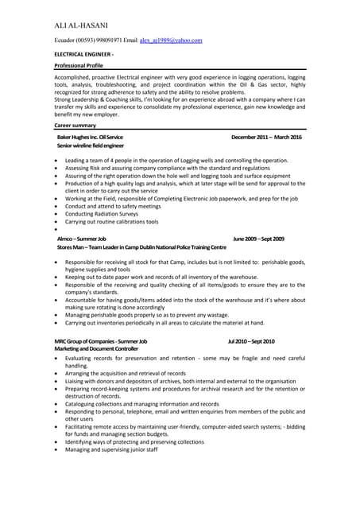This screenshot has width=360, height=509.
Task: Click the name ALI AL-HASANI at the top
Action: click(83, 25)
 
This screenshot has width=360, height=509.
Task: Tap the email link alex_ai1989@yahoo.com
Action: click(171, 40)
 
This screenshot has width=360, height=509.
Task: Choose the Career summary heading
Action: click(75, 126)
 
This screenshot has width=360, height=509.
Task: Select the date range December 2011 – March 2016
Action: click(266, 138)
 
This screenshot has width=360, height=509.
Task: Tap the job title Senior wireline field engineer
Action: click(91, 147)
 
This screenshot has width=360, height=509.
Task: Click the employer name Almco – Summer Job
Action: click(81, 239)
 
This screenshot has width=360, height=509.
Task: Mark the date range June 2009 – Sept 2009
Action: click(258, 239)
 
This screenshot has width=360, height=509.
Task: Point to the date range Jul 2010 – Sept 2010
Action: click(251, 340)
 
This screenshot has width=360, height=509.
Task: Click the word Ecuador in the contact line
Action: click(68, 40)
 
